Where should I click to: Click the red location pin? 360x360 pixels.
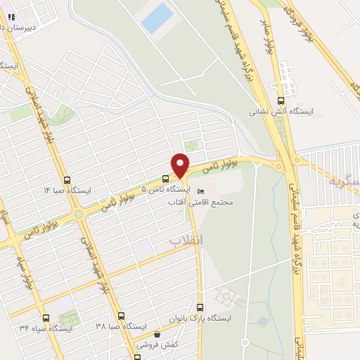[x=181, y=165]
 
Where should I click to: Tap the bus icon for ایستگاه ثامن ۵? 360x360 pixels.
[x=165, y=179]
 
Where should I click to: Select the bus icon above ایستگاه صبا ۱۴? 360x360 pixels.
[x=66, y=180]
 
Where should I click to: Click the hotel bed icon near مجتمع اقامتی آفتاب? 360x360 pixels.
[x=202, y=191]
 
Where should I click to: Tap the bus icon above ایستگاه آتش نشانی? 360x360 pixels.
[x=281, y=101]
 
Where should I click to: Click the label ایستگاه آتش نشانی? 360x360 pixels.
[x=281, y=111]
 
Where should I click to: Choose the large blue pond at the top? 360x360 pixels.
[x=156, y=18]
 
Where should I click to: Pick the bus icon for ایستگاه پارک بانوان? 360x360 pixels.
[x=200, y=307]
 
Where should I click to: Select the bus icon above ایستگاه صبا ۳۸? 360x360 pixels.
[x=121, y=316]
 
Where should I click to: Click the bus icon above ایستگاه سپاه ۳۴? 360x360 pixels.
[x=46, y=317]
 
